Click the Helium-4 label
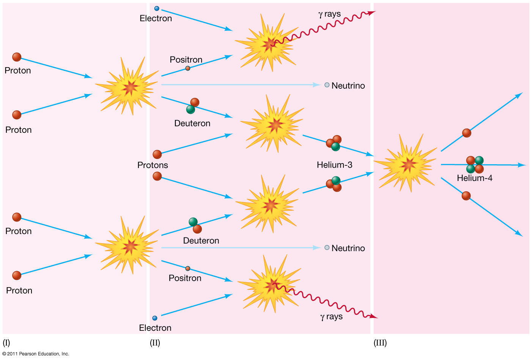pos(474,178)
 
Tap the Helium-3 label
pos(334,165)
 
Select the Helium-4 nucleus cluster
pos(475,164)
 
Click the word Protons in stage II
pos(153,165)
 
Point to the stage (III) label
pos(380,343)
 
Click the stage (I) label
pos(6,343)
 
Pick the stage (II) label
pos(155,343)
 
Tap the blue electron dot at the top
pos(157,8)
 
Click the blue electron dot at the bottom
pos(155,318)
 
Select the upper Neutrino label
pos(348,86)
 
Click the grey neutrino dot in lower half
pos(327,248)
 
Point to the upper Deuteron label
pos(192,123)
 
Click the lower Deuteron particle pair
pos(195,225)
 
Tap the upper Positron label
pos(186,60)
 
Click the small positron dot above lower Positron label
pos(188,269)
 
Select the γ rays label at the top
pos(329,14)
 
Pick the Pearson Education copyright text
pos(36,354)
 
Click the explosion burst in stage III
pos(407,164)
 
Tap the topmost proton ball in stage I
pos(17,57)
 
